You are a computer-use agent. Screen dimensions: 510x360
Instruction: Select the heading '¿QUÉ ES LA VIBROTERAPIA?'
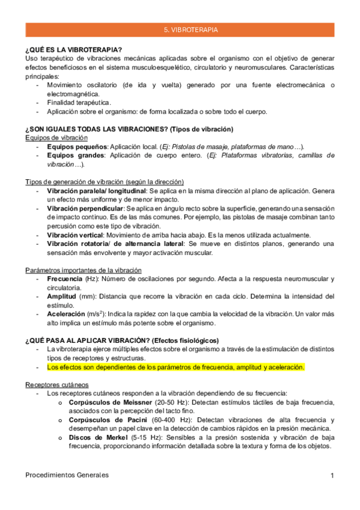tap(73, 49)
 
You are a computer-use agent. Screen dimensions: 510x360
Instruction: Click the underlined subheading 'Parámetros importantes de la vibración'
tap(84, 270)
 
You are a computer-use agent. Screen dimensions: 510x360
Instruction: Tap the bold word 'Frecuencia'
tap(66, 279)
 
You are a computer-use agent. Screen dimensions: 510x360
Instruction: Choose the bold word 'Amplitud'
tap(61, 296)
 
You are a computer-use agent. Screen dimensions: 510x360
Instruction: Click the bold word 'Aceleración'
tap(66, 314)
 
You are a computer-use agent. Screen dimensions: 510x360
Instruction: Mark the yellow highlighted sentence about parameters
tap(175, 367)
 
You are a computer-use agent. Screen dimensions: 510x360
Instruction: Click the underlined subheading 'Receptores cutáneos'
tap(57, 384)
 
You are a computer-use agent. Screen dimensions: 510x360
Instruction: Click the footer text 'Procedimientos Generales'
tap(67, 475)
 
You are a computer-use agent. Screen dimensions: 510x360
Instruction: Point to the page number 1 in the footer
tap(332, 475)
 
